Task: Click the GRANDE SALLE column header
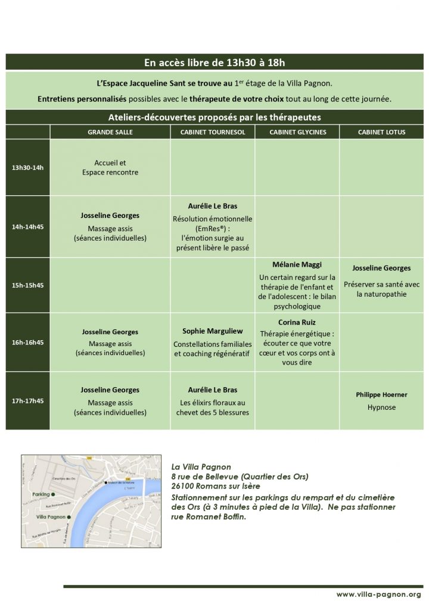point(110,132)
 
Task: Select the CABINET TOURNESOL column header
point(213,132)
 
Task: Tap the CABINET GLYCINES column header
point(298,132)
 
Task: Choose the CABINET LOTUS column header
point(381,132)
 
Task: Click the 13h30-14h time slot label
point(28,167)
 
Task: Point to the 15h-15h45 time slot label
point(28,285)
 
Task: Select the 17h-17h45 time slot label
point(28,401)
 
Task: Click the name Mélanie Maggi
point(297,264)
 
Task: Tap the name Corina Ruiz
point(297,322)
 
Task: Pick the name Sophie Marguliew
point(213,332)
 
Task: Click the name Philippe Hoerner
point(381,395)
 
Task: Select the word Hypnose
point(381,407)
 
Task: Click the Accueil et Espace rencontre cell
point(110,167)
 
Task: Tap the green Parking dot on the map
point(54,494)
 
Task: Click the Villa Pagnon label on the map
point(49,517)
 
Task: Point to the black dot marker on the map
point(107,483)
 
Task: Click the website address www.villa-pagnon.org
point(378,595)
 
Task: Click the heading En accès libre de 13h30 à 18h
point(215,62)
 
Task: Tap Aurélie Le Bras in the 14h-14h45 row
point(213,206)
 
